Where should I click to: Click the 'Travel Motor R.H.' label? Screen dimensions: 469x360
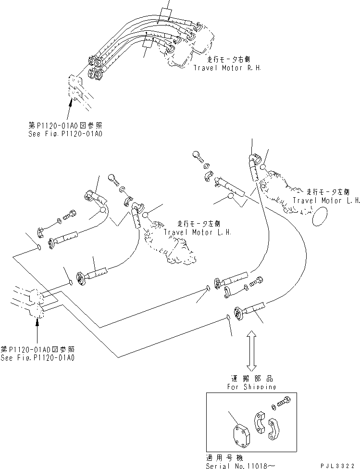pyautogui.click(x=227, y=68)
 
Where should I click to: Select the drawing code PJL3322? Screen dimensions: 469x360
pyautogui.click(x=339, y=465)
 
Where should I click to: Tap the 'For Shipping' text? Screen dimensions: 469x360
pyautogui.click(x=252, y=386)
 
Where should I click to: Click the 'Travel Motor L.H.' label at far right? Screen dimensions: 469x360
pyautogui.click(x=326, y=201)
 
